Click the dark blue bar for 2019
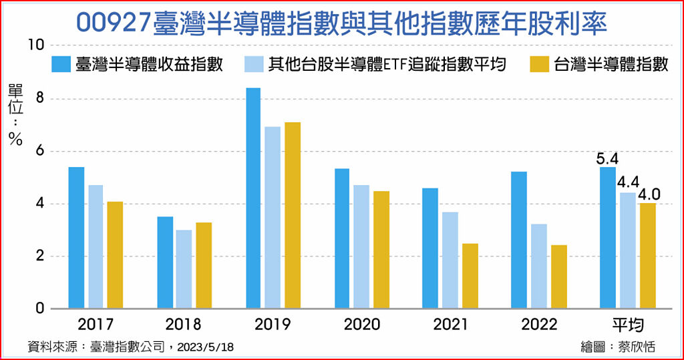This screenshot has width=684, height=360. pyautogui.click(x=252, y=198)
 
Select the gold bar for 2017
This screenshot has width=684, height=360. pyautogui.click(x=115, y=255)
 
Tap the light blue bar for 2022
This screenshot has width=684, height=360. pyautogui.click(x=539, y=266)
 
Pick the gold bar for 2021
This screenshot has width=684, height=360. pyautogui.click(x=470, y=276)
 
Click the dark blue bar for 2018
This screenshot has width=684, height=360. pyautogui.click(x=165, y=262)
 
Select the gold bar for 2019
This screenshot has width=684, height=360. pyautogui.click(x=293, y=216)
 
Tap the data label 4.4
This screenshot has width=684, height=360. pyautogui.click(x=629, y=182)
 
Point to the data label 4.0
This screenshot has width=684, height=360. pyautogui.click(x=649, y=194)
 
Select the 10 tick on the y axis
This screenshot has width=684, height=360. pyautogui.click(x=35, y=45)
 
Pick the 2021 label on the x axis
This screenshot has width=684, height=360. pyautogui.click(x=451, y=325)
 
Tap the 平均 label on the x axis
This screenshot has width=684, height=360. pyautogui.click(x=628, y=325)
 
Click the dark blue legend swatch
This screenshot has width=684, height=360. pyautogui.click(x=61, y=64)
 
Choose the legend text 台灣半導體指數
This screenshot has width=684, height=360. pyautogui.click(x=611, y=64)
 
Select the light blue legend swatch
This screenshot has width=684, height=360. pyautogui.click(x=254, y=64)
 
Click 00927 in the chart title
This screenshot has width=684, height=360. pyautogui.click(x=113, y=22)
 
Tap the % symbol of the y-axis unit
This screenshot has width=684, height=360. pyautogui.click(x=15, y=139)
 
